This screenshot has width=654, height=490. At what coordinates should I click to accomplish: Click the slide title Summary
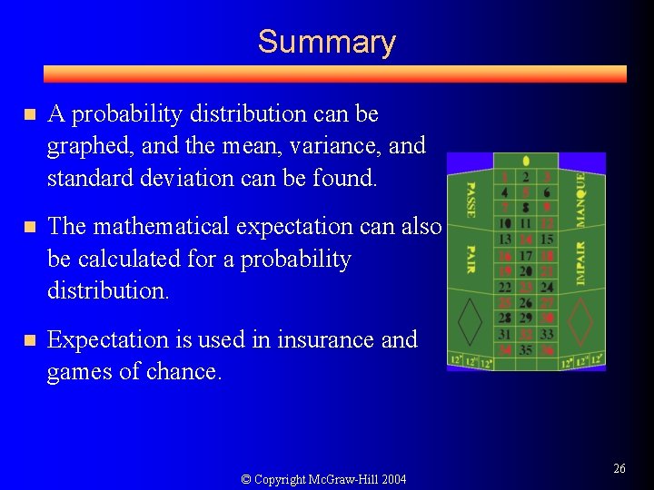(326, 42)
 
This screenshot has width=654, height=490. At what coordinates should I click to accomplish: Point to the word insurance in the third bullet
(322, 339)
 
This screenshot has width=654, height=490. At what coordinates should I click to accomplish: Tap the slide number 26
(619, 468)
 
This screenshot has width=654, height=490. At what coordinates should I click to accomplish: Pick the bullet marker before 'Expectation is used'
(29, 340)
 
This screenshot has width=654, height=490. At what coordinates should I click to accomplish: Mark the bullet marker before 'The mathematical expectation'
(29, 227)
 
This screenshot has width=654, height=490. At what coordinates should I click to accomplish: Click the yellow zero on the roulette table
(526, 162)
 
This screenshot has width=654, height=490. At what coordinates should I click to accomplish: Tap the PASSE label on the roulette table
(471, 200)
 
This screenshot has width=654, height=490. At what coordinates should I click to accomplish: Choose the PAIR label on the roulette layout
(471, 259)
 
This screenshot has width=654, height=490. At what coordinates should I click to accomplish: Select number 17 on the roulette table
(526, 256)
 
